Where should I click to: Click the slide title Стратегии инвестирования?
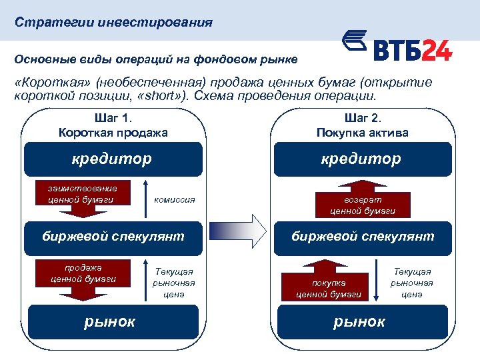tap(114, 23)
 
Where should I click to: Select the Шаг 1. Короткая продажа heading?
tap(113, 125)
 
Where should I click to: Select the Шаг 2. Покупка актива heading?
tap(362, 125)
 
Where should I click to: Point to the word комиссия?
tap(175, 199)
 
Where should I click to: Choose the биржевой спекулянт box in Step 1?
tap(113, 236)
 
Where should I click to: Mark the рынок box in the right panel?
tap(361, 321)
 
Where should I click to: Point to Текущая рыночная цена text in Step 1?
tap(174, 282)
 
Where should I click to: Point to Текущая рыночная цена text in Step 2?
tap(412, 282)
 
